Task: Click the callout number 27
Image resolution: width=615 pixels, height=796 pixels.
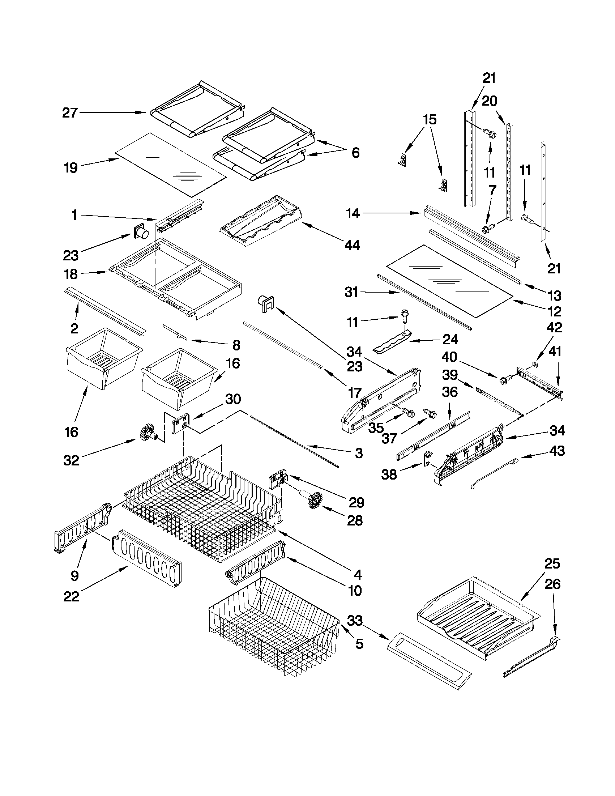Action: pos(70,113)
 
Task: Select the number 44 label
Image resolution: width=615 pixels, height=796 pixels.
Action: pos(351,245)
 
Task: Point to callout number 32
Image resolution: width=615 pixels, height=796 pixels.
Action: pos(71,460)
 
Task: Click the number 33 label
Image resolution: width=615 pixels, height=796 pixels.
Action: pos(354,620)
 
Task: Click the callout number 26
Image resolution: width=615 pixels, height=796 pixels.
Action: pos(552,584)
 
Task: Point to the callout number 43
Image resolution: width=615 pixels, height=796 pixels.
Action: pos(556,451)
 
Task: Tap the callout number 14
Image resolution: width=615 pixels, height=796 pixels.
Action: pos(352,214)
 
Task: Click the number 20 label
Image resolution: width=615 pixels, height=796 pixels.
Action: pos(489,101)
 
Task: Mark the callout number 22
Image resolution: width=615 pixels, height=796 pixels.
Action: pos(71,597)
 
